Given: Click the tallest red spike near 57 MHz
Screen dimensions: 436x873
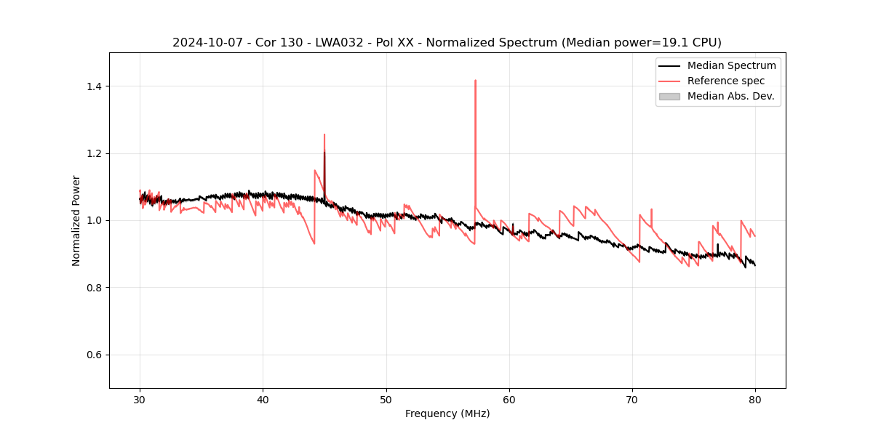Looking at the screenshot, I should (x=475, y=81).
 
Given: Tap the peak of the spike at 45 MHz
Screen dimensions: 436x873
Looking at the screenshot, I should (x=324, y=135).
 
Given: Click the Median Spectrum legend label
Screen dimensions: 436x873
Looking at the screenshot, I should (x=731, y=65).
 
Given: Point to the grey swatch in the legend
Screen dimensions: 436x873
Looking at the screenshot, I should (x=669, y=96).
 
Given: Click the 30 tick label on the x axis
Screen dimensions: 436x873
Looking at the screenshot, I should (x=140, y=399).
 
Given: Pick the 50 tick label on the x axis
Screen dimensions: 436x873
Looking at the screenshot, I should (x=386, y=399).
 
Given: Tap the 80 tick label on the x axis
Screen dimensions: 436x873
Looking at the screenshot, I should (x=755, y=399).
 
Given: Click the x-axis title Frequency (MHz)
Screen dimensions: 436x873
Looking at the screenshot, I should (x=447, y=413).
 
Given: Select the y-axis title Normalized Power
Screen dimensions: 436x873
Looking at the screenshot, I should (x=76, y=220).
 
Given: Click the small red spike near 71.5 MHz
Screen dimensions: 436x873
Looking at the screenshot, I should (x=651, y=210).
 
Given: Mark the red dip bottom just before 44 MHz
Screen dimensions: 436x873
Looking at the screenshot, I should (x=314, y=243).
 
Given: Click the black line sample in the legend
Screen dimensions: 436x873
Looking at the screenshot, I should (x=669, y=65).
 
